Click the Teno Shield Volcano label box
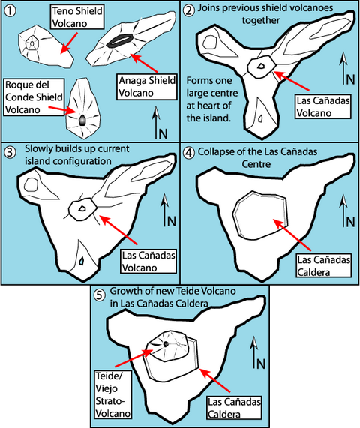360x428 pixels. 77,17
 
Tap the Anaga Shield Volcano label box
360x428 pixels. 147,87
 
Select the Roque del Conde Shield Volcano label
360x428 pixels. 34,97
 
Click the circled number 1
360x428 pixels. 10,11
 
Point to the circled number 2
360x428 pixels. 189,11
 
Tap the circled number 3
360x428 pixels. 10,152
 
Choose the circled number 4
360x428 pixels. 189,153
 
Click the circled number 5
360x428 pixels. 99,295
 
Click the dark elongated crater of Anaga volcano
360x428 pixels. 120,40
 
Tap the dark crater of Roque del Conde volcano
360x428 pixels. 82,121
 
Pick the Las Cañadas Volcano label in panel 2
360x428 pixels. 322,106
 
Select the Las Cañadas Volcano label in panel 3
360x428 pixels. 148,261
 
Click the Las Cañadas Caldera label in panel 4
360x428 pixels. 324,265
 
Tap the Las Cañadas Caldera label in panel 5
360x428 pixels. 234,408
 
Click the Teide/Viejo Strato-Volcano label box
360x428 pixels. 112,394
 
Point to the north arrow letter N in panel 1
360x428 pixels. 163,133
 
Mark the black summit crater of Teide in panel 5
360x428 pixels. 166,344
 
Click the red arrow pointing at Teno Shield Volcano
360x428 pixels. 69,43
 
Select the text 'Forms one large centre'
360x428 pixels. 212,87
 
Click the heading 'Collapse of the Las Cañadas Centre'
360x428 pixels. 257,157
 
